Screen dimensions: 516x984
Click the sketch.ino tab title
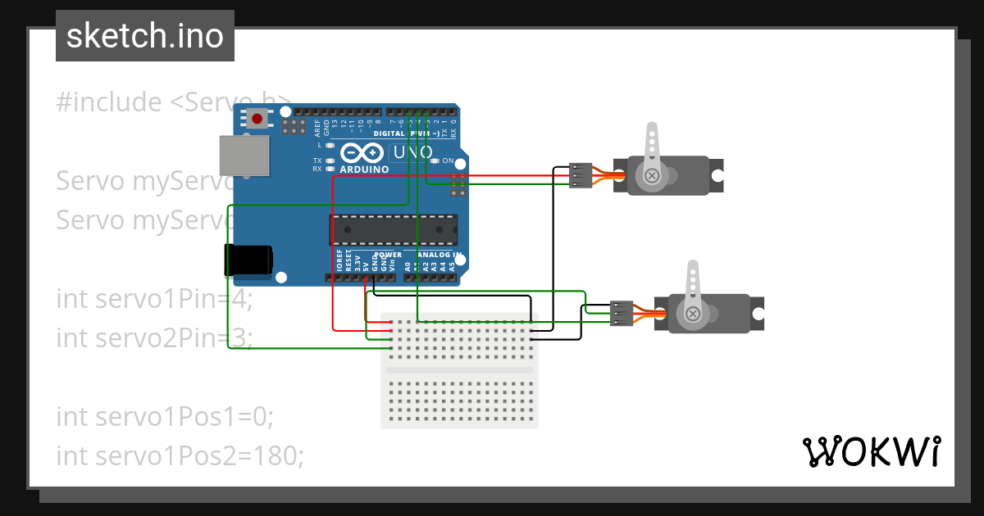145,36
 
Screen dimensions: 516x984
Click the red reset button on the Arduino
257,119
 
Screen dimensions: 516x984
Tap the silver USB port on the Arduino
244,156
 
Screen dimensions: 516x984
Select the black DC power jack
249,259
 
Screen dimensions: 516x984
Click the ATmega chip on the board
394,230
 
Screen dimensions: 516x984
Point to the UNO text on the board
412,152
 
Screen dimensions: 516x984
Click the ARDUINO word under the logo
363,169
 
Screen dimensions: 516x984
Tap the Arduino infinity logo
362,153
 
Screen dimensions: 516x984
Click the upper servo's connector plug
581,175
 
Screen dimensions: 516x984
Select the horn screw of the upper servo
652,175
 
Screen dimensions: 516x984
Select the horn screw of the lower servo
693,314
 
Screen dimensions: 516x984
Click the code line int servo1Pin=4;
154,299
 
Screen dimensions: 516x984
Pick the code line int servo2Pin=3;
154,337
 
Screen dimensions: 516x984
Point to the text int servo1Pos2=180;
180,455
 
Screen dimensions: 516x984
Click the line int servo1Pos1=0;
164,416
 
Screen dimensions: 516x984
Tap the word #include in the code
109,102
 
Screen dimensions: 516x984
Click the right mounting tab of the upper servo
717,175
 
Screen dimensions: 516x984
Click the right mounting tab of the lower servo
758,314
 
